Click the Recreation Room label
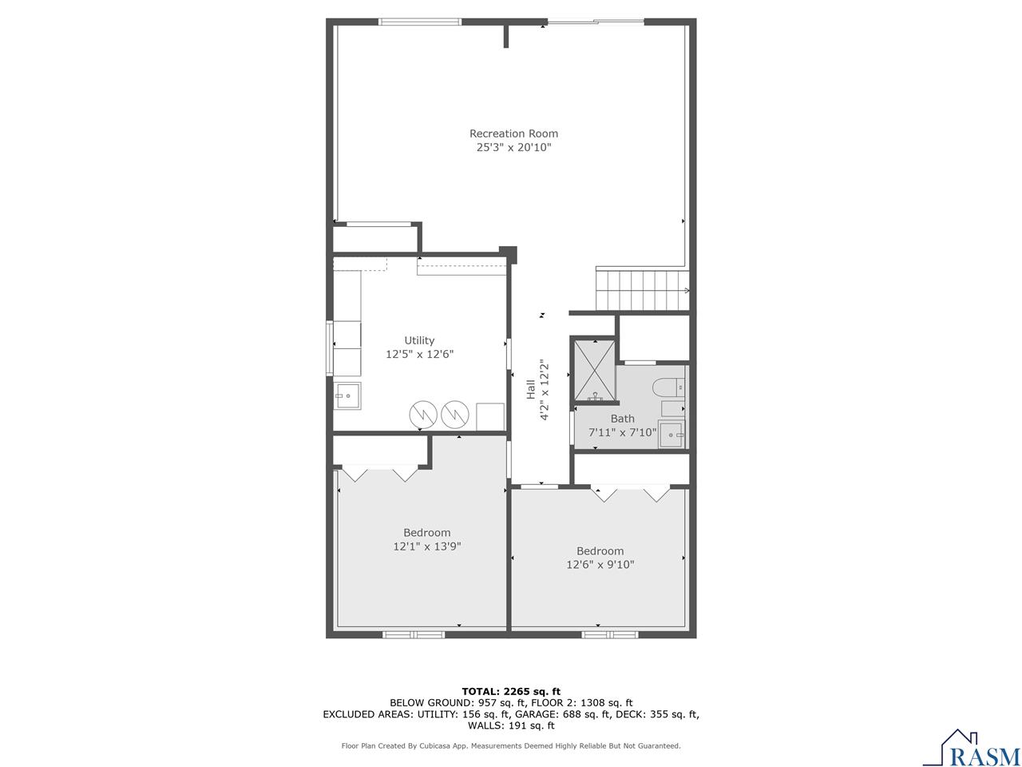[513, 133]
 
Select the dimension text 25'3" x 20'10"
[513, 148]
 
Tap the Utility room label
[419, 340]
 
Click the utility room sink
[347, 395]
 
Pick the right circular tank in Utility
[454, 413]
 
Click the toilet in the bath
[669, 388]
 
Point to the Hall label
[530, 389]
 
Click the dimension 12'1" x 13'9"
[427, 547]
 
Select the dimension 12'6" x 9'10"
[600, 565]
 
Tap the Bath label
[623, 419]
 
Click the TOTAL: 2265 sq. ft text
[511, 691]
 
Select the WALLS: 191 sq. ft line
[511, 725]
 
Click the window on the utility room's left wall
[328, 348]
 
